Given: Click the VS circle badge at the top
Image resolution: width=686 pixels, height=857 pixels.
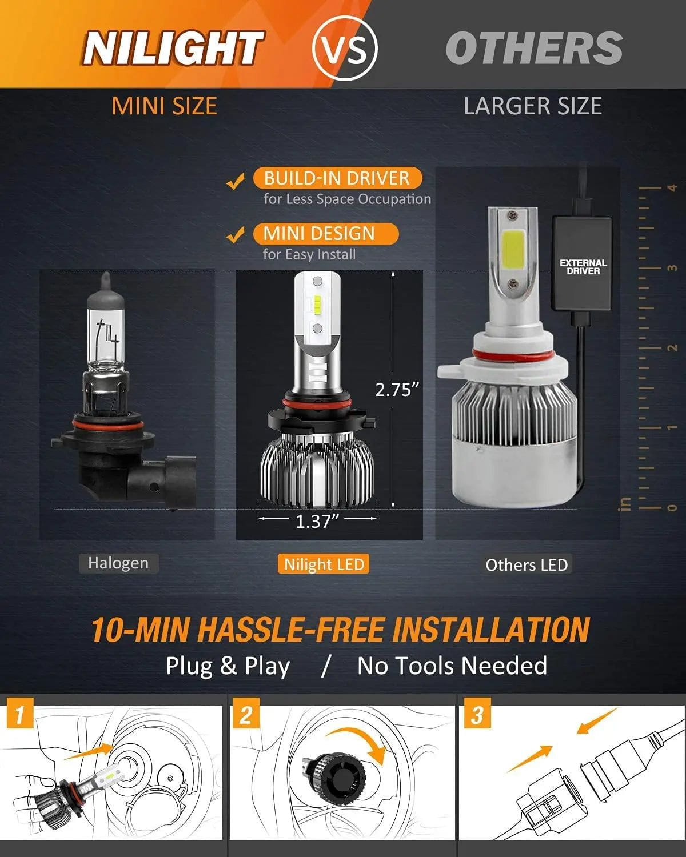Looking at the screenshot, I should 345,48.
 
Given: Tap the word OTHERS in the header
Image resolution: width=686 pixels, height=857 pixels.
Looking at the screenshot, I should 533,49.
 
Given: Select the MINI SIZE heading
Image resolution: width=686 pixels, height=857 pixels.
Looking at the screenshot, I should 164,106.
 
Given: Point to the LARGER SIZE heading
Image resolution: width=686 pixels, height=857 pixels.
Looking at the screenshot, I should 533,106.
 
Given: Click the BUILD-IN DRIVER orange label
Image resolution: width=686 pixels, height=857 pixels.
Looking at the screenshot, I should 337,178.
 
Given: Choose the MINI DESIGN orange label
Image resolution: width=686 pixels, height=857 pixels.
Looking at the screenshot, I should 319,233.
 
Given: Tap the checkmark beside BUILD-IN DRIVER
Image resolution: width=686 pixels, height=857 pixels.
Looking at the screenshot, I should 235,182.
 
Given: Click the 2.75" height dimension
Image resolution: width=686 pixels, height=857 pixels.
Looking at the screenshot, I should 397,389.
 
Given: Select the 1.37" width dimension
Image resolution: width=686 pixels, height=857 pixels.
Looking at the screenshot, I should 317,521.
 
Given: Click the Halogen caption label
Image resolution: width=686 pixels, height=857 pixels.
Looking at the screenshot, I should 118,563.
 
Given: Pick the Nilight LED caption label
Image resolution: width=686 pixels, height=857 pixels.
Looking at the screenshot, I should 324,564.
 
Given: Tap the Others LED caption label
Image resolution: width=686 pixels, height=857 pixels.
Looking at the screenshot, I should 526,565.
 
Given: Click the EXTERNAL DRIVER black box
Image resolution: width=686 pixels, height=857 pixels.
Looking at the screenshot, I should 583,266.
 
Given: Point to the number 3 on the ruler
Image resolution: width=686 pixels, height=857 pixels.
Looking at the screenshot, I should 672,268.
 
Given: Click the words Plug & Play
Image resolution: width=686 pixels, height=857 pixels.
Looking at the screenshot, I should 228,666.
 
